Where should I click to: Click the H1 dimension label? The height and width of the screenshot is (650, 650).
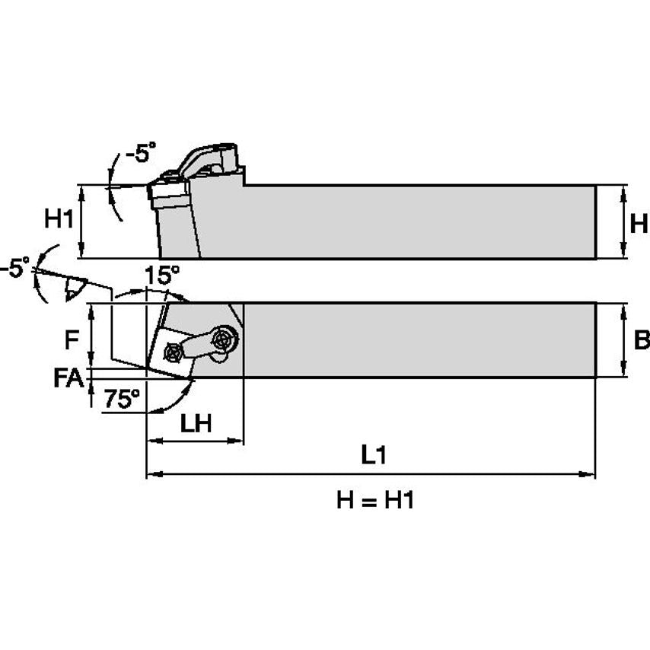[x=58, y=220]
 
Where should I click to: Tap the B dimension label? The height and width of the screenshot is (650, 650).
[x=641, y=339]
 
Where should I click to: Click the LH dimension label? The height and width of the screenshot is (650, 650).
[x=196, y=424]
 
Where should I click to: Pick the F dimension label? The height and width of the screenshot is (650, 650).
[x=71, y=339]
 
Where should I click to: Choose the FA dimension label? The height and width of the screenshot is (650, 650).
[x=69, y=377]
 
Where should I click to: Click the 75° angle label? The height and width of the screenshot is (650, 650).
[x=123, y=398]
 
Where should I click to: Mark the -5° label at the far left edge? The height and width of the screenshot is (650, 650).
[x=15, y=268]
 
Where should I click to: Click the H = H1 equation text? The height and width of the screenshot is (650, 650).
[x=374, y=500]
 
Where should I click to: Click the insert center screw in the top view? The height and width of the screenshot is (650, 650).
[x=173, y=352]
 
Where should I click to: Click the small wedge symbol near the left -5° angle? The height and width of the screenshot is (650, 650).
[x=75, y=288]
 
